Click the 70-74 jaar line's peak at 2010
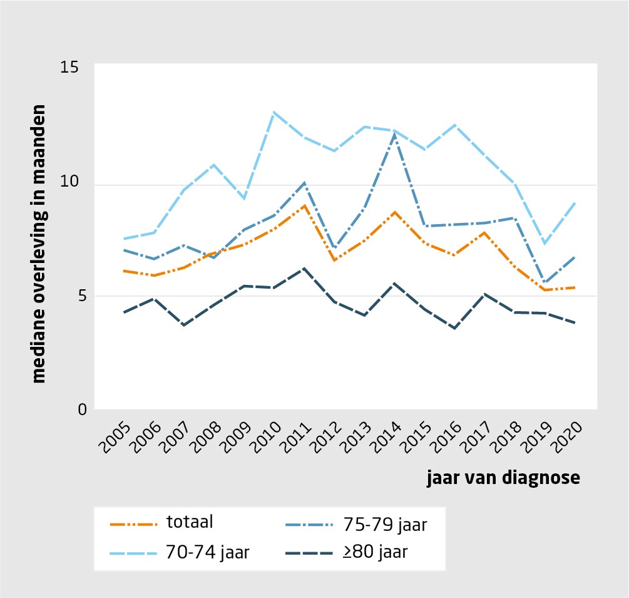274,112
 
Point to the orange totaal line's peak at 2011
304,205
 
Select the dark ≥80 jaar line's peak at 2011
304,268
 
